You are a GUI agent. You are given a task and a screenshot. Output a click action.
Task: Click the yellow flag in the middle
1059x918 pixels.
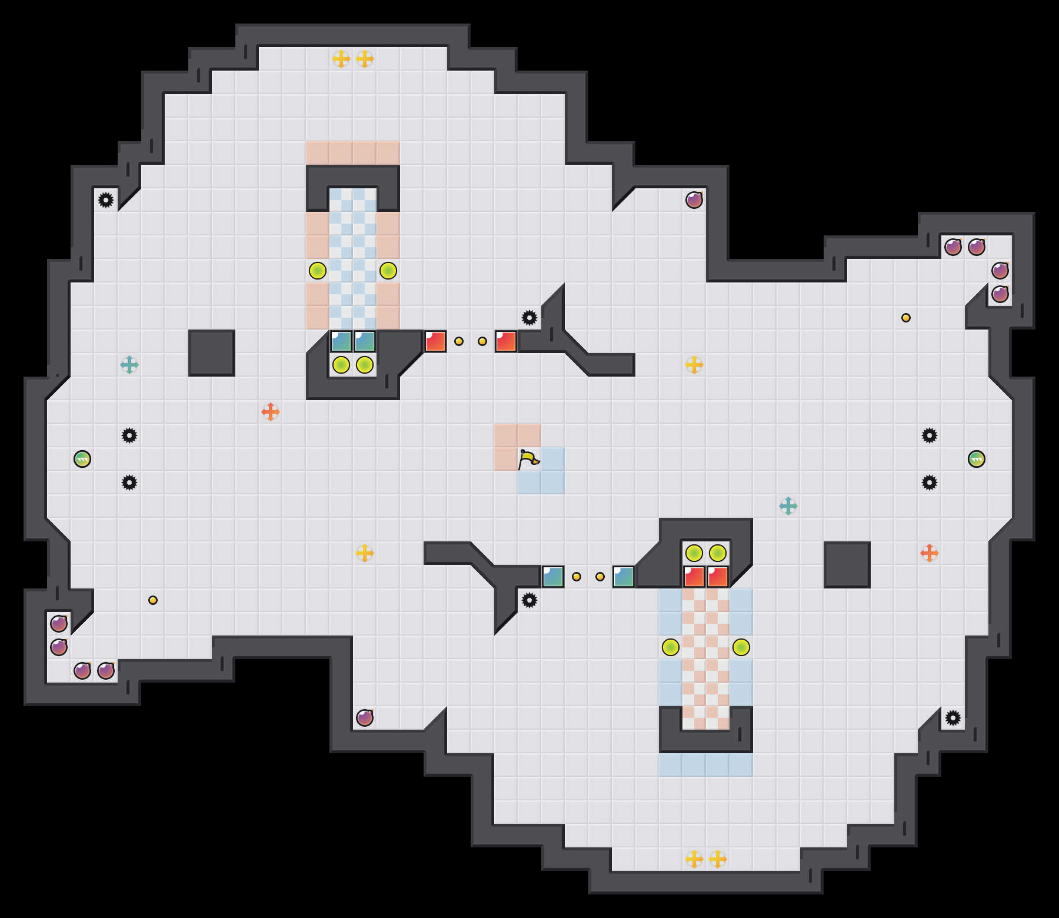pos(528,459)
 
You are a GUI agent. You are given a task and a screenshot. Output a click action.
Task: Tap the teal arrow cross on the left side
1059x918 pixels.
pos(129,365)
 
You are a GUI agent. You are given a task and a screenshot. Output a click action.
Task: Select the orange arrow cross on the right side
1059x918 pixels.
pos(930,553)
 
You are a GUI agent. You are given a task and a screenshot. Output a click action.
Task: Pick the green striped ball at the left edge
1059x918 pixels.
pos(82,459)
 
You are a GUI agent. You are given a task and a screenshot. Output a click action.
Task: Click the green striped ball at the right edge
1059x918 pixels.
pos(977,459)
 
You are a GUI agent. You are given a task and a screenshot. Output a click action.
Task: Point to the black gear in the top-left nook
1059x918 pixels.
pos(106,200)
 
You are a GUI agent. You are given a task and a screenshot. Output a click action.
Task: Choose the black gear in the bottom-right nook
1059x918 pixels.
pos(953,718)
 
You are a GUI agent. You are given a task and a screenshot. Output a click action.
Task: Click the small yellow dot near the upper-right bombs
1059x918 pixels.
pos(906,318)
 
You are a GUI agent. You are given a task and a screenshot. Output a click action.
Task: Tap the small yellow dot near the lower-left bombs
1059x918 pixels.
pos(153,600)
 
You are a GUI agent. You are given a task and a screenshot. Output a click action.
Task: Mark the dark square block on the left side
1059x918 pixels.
pos(212,353)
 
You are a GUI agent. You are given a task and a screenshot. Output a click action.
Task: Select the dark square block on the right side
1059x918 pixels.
pos(847,565)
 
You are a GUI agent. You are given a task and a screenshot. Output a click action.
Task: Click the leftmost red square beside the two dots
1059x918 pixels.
pos(435,341)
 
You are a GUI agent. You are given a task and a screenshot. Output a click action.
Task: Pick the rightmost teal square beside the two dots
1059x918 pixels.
pos(624,577)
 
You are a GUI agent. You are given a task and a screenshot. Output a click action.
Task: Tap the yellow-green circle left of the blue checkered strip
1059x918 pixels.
pos(318,271)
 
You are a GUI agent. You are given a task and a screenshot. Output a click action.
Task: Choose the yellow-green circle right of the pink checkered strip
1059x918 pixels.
pos(741,647)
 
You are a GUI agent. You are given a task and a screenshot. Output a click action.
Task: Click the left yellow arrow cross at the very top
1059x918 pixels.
pos(341,59)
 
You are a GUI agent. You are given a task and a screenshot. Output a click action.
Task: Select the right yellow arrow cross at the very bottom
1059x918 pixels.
pos(718,859)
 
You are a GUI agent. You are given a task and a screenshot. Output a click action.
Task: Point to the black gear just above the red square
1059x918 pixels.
pos(529,318)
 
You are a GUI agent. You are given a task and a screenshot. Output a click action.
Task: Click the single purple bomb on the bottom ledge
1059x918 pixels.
pos(365,718)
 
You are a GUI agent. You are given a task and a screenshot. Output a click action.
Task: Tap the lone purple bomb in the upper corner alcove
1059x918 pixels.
pos(694,200)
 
